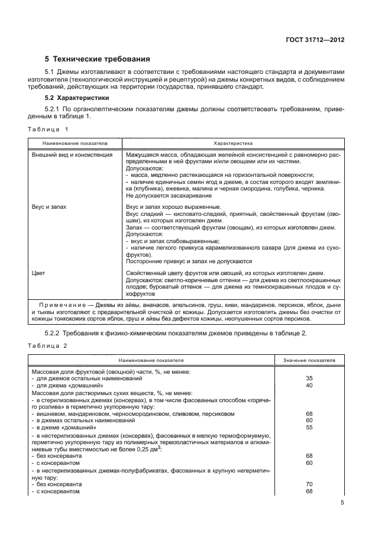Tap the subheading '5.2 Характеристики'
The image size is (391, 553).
(75, 98)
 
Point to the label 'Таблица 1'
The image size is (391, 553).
(49, 128)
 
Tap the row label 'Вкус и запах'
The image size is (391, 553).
(49, 206)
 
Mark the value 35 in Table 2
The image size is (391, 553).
(309, 377)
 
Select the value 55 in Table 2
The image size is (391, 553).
(309, 426)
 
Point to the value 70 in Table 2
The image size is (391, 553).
(309, 484)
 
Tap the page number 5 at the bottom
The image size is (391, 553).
(342, 503)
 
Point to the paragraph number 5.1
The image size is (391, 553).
(50, 72)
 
